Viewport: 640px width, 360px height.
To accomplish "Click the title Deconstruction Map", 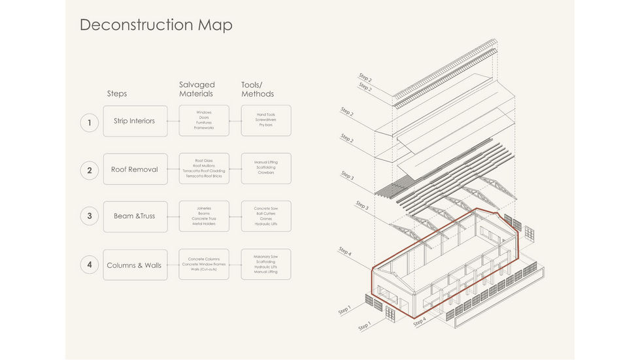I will (x=156, y=25).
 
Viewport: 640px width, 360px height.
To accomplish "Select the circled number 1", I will (x=90, y=122).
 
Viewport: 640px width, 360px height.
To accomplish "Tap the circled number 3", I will (x=90, y=216).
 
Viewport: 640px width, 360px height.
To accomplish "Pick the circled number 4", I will (x=90, y=265).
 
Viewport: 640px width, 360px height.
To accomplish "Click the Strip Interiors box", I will (x=135, y=121).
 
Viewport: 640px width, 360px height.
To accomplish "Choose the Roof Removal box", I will (x=135, y=169).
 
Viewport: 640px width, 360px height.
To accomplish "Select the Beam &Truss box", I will (x=135, y=216).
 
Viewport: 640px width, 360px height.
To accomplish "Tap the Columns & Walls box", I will (x=135, y=265).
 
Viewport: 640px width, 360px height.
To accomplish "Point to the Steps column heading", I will (x=117, y=94).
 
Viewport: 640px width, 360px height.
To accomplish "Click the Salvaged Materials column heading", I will (x=197, y=90).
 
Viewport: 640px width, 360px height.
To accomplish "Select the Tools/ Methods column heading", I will (x=258, y=90).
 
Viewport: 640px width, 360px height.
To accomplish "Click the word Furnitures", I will (x=204, y=123).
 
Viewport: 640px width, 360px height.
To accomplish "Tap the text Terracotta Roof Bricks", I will (x=204, y=176).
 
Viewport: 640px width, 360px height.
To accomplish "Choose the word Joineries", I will (x=204, y=208).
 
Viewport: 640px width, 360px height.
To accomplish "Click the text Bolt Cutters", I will (x=266, y=214).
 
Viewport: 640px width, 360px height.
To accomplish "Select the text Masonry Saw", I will (x=266, y=257).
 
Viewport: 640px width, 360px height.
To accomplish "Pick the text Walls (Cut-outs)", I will (x=204, y=269).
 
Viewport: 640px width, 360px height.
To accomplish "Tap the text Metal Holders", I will (x=204, y=224).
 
